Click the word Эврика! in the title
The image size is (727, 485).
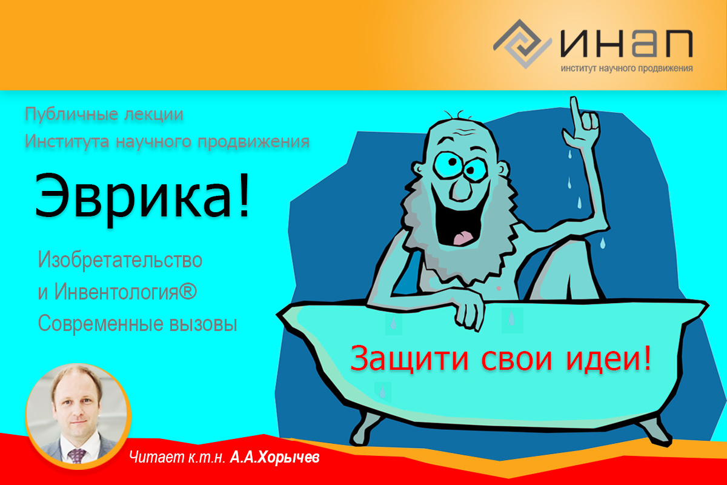click(142, 195)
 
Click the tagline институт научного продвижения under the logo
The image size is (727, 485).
click(626, 69)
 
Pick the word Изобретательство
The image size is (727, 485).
click(120, 260)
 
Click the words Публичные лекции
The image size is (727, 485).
click(104, 114)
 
